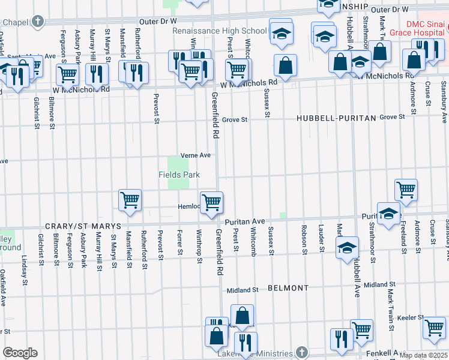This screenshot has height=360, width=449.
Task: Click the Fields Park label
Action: pyautogui.click(x=178, y=175)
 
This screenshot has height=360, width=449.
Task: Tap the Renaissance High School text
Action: pyautogui.click(x=220, y=31)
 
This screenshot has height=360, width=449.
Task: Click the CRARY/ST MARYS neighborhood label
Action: pyautogui.click(x=82, y=227)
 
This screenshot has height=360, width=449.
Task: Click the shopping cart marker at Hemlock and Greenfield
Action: pyautogui.click(x=211, y=203)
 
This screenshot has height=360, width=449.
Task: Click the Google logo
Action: pyautogui.click(x=20, y=353)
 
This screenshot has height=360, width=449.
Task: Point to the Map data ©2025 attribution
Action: pyautogui.click(x=423, y=355)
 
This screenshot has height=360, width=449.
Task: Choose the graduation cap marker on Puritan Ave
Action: pyautogui.click(x=389, y=214)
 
